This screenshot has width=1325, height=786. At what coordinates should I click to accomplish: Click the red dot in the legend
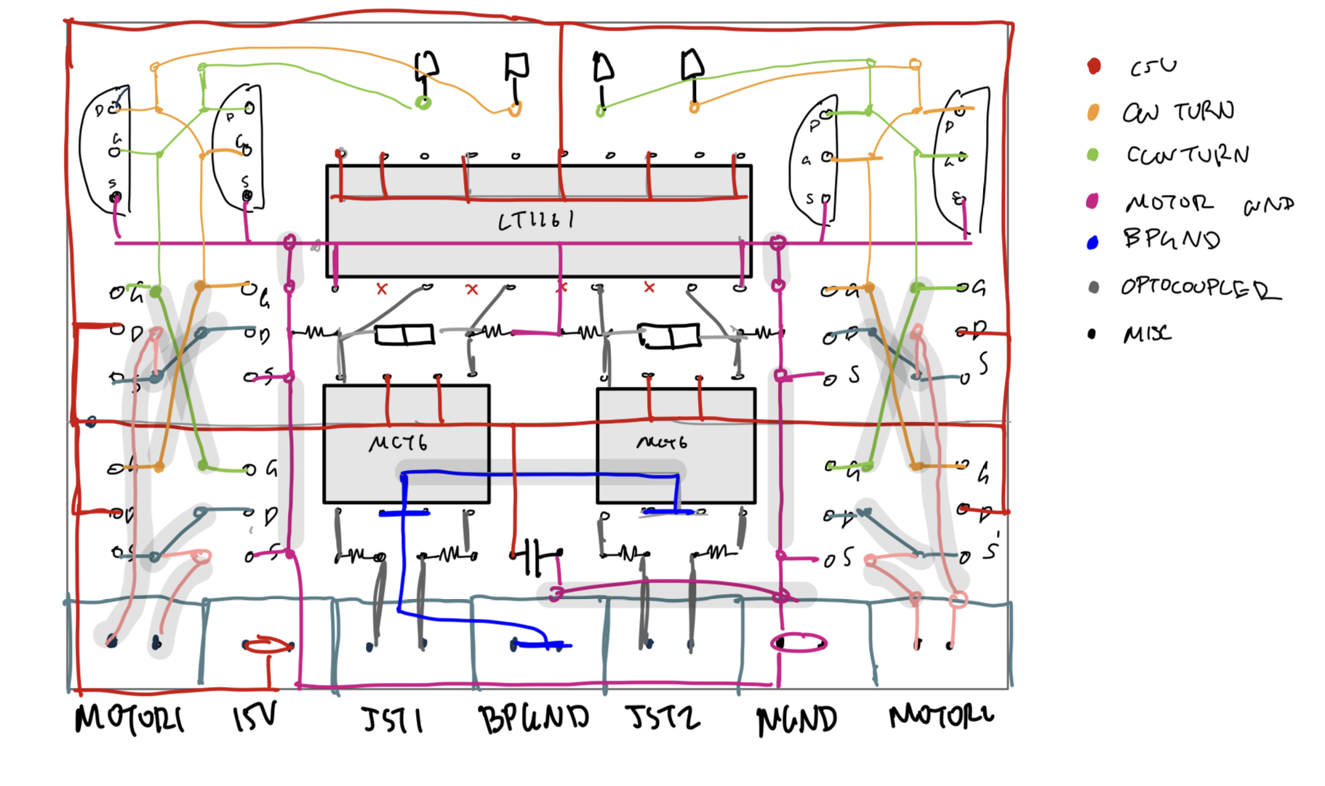(1094, 66)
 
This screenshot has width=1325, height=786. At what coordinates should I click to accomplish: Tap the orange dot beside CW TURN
(1093, 112)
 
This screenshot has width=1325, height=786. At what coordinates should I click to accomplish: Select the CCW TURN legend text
(1188, 155)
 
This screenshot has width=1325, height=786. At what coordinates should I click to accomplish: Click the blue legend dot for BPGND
(1092, 243)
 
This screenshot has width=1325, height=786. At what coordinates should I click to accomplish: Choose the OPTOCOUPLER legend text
(1200, 288)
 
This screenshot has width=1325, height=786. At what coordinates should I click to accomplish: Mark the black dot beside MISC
(1092, 334)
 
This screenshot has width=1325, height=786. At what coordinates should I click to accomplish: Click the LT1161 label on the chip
(536, 220)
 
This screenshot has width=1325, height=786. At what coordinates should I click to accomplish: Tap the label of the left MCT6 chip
(398, 443)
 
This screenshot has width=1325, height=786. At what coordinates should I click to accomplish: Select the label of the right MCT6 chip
(662, 442)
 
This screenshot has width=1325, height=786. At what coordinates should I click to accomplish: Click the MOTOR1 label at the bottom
(129, 719)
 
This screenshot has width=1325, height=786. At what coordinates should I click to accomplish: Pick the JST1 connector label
(393, 720)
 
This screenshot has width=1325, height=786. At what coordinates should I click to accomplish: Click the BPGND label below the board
(534, 719)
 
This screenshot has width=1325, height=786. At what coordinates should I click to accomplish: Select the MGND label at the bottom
(797, 721)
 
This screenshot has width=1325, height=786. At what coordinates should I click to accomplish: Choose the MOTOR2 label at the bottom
(941, 716)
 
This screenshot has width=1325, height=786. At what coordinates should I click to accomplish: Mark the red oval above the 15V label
(268, 644)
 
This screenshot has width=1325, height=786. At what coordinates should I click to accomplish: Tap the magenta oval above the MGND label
(798, 643)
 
